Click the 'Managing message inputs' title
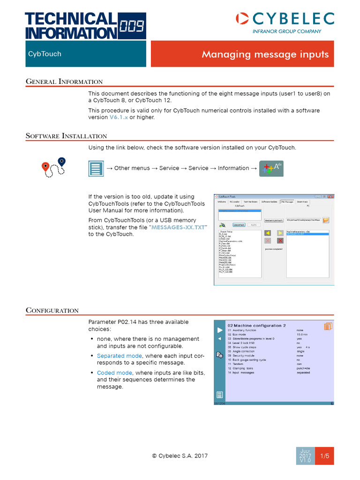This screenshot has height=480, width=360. point(265,54)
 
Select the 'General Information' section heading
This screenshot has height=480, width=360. point(64,82)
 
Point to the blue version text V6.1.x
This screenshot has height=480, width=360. point(119,117)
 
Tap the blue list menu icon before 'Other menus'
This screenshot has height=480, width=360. point(96,168)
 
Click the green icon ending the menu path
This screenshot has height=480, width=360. point(271,168)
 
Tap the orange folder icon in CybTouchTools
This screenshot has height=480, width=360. point(326,220)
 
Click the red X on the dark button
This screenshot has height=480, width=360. point(280,240)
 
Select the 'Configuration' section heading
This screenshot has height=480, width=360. point(52,310)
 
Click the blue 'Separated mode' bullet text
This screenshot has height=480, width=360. point(120,356)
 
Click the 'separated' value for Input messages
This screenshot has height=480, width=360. point(303,373)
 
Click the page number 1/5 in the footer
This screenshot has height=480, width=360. point(324,456)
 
